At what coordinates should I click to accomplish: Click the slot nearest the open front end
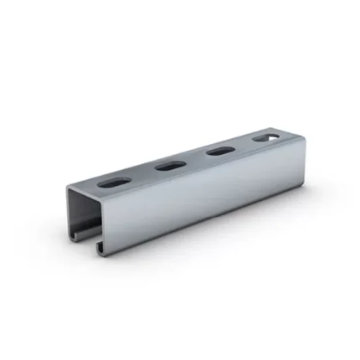111,180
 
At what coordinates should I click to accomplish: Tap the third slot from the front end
220,151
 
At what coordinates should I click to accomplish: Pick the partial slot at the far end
265,135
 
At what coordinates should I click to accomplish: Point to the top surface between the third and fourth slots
244,143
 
